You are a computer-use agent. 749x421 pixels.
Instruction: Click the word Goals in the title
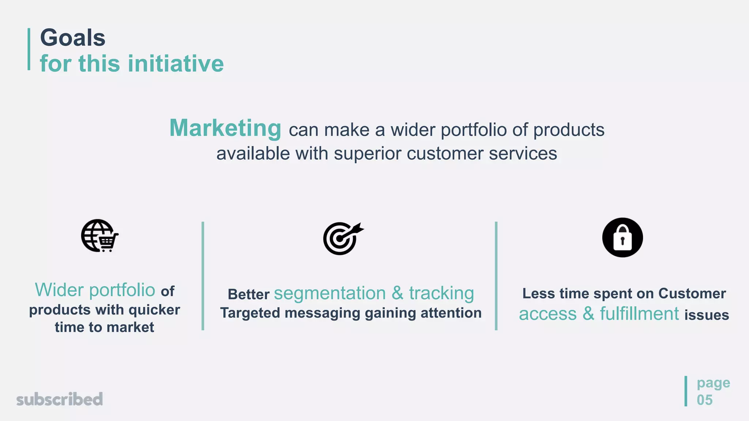pos(72,38)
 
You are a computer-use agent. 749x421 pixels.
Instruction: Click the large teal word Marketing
pos(225,128)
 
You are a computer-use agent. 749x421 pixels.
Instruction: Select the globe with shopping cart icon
pos(99,236)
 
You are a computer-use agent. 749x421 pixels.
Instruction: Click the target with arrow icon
pos(343,238)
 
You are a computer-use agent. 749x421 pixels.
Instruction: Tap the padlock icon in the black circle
pos(622,238)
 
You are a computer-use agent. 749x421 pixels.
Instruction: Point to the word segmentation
pos(330,293)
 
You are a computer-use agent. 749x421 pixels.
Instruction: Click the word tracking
pos(441,293)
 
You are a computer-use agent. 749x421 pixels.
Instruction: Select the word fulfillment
pos(639,314)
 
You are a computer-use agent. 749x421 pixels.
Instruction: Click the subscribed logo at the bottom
pos(60,399)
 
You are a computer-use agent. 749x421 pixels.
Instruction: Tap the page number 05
pos(704,400)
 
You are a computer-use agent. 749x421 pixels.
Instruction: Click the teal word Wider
pos(59,290)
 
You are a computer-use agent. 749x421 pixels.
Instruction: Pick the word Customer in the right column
pos(692,293)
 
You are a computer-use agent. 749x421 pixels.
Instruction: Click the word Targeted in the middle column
pos(250,313)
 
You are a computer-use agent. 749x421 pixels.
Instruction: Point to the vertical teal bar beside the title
pos(29,49)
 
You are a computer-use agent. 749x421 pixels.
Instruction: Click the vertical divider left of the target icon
pos(203,276)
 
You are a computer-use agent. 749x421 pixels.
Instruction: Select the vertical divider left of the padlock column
pos(496,276)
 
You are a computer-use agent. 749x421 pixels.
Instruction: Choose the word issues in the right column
pos(707,315)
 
